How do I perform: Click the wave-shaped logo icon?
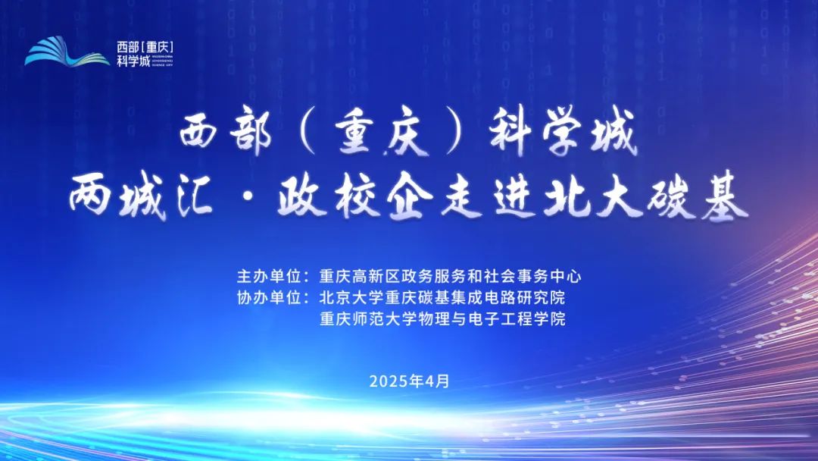(67, 52)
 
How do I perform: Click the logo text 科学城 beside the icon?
(133, 61)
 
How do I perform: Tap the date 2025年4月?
(410, 381)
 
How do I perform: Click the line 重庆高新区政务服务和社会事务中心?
(450, 276)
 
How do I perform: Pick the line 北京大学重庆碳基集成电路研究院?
(442, 297)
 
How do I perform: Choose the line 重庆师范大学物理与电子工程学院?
(442, 318)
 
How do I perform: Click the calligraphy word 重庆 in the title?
(382, 134)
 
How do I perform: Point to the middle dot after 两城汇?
(245, 199)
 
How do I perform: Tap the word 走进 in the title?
(488, 198)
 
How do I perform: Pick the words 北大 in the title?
(592, 198)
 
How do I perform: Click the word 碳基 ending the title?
(698, 198)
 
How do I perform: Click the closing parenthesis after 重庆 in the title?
(458, 134)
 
